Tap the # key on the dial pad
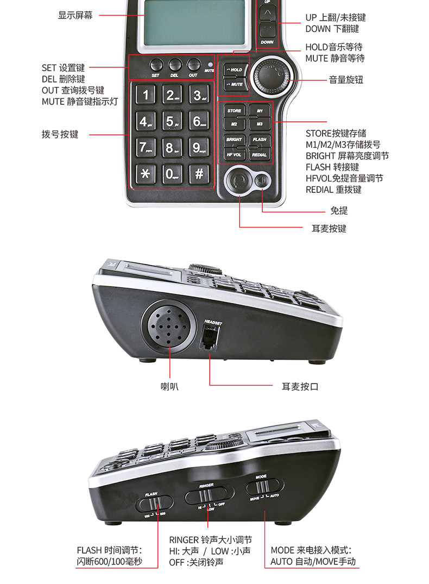(x=199, y=174)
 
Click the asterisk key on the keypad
(x=145, y=174)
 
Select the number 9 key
(x=199, y=147)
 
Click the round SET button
(x=156, y=64)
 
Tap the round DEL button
(x=174, y=64)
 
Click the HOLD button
(x=234, y=70)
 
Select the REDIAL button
(x=260, y=154)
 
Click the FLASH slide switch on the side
(x=154, y=504)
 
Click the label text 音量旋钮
(x=346, y=80)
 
